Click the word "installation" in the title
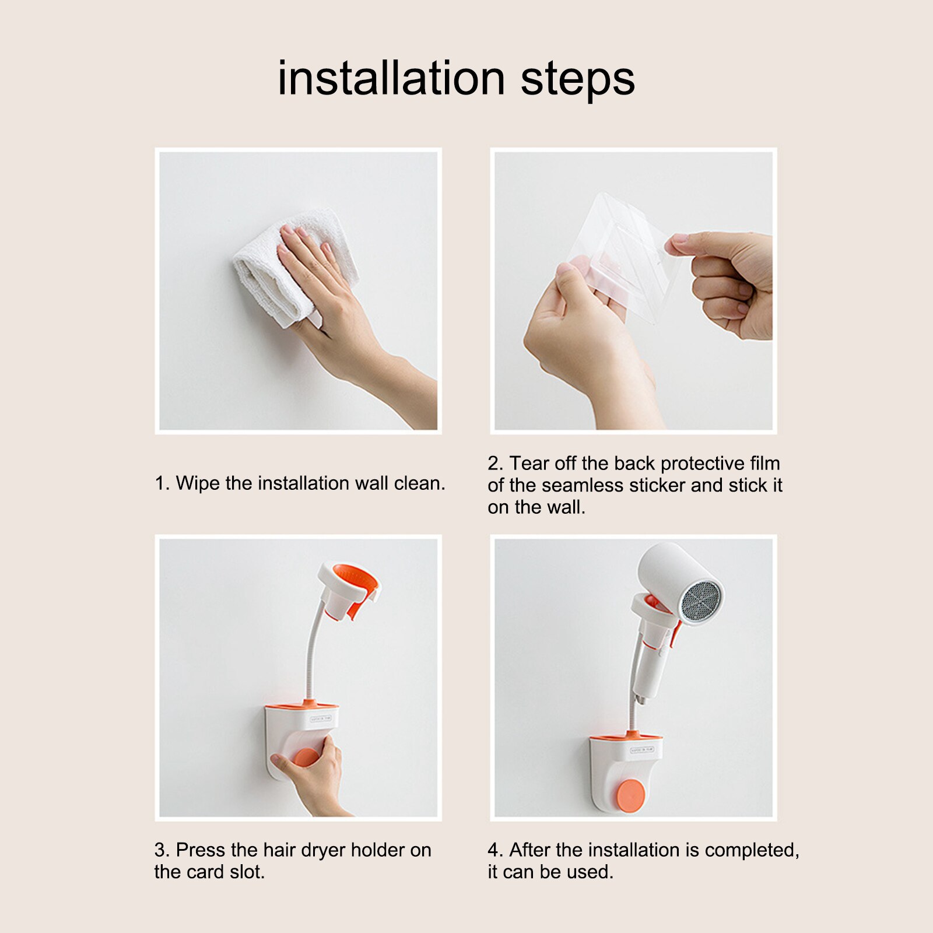(391, 78)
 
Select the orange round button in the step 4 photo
(630, 795)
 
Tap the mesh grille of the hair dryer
(701, 601)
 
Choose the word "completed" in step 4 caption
(752, 851)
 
